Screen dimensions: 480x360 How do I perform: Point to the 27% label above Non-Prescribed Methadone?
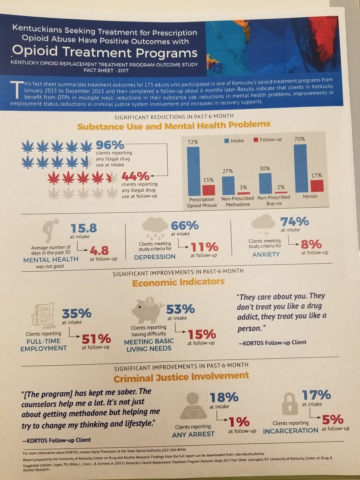(x=228, y=171)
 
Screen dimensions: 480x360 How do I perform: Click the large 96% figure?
(x=110, y=144)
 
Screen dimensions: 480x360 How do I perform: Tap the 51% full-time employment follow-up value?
(x=96, y=339)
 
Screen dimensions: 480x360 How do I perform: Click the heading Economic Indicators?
(x=179, y=282)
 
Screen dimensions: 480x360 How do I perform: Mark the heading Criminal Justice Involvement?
(x=181, y=376)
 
